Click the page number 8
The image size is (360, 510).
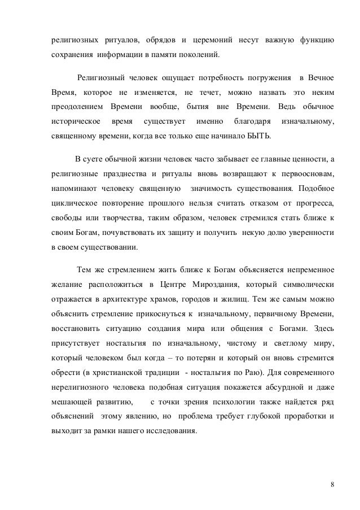coord(332,485)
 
